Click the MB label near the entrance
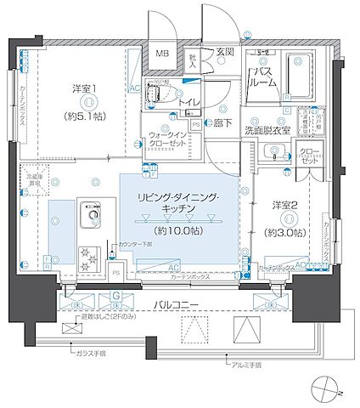[161, 56]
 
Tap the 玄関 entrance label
[224, 52]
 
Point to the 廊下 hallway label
[225, 123]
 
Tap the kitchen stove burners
[86, 254]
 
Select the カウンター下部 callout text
[138, 244]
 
